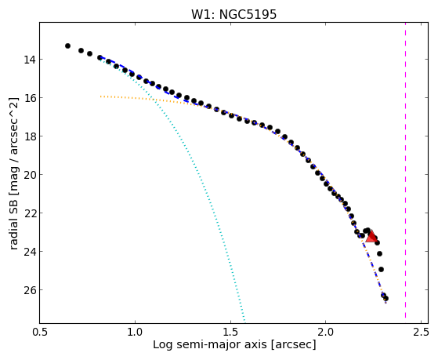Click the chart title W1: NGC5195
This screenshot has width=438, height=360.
tap(233, 14)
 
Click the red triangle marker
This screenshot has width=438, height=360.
tap(371, 236)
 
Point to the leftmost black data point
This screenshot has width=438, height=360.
tap(67, 45)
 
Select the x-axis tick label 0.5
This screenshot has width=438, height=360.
tap(40, 332)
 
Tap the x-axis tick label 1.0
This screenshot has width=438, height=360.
tap(135, 332)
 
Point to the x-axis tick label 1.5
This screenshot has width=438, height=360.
tap(230, 332)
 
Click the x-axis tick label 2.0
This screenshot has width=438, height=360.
tap(326, 332)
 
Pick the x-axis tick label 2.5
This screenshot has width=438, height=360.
tap(421, 332)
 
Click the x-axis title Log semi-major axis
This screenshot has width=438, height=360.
tap(210, 345)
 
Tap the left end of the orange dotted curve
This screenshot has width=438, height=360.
tap(100, 96)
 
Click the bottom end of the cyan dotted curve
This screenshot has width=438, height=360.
tap(244, 322)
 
